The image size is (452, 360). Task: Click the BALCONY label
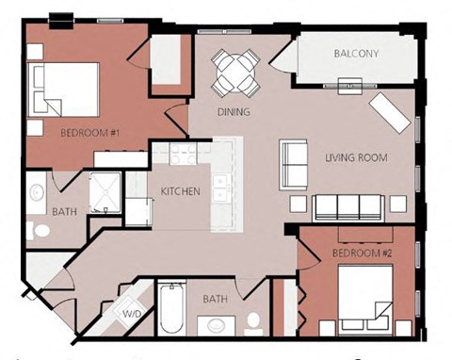point(356,54)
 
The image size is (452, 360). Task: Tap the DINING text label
point(233,112)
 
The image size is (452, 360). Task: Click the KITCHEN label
point(180,191)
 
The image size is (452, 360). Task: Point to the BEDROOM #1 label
point(89,133)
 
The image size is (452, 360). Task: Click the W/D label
point(132,312)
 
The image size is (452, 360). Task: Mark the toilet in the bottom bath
point(252,324)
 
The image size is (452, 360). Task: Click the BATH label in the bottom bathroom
point(217,300)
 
